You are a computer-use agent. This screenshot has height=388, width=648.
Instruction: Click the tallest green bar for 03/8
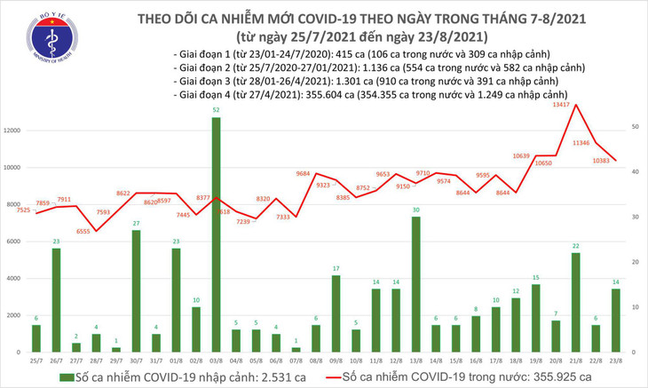(x=217, y=235)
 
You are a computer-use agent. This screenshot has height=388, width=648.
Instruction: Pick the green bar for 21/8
(x=575, y=302)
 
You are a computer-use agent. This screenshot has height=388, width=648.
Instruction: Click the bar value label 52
(x=217, y=110)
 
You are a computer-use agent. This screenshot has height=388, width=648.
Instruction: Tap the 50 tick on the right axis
(x=635, y=128)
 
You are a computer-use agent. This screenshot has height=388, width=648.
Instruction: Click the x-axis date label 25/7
(x=36, y=360)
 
